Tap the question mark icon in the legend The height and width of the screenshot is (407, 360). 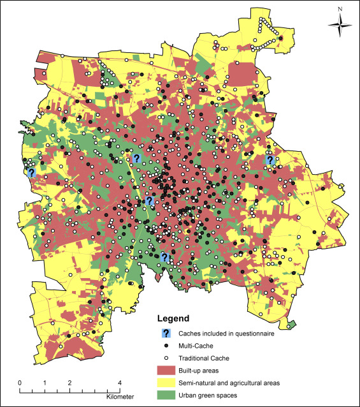(x=166, y=333)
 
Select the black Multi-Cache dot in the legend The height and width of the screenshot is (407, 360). (x=166, y=345)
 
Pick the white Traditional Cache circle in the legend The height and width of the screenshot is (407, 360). (x=166, y=358)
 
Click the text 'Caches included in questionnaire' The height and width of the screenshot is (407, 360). (x=233, y=333)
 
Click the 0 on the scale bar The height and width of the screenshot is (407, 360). (x=20, y=383)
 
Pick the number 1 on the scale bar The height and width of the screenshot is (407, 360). (x=45, y=383)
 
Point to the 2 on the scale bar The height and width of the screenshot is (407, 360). (x=69, y=383)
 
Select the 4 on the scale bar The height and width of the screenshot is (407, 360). (x=119, y=383)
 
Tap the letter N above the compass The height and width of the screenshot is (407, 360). (x=340, y=8)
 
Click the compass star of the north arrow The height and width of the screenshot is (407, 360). (x=340, y=25)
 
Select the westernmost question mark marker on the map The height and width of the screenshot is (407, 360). (x=31, y=172)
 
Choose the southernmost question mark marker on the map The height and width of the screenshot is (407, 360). (x=164, y=257)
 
